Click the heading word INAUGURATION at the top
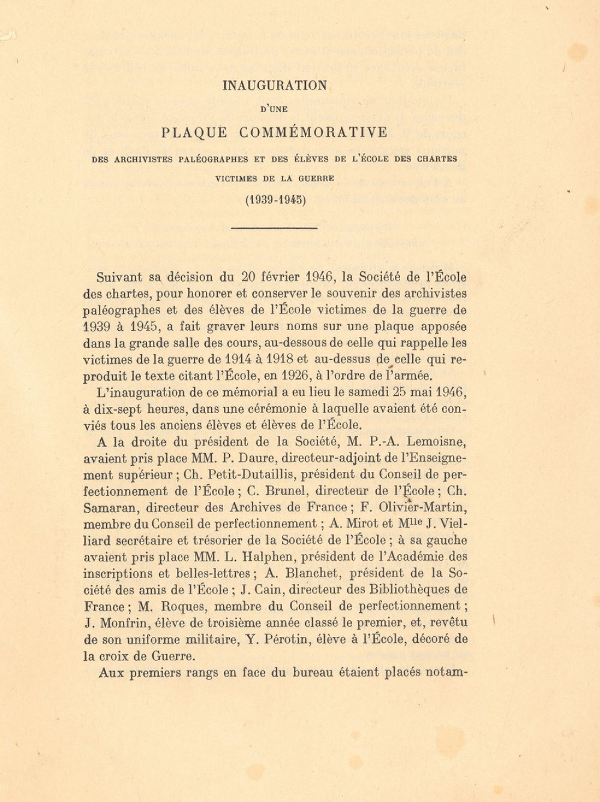point(275,85)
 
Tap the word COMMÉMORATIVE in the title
point(314,132)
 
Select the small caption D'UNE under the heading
point(275,109)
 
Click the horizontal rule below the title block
point(274,228)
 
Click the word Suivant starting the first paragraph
point(119,277)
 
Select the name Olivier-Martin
point(423,508)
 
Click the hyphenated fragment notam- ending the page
point(446,672)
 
